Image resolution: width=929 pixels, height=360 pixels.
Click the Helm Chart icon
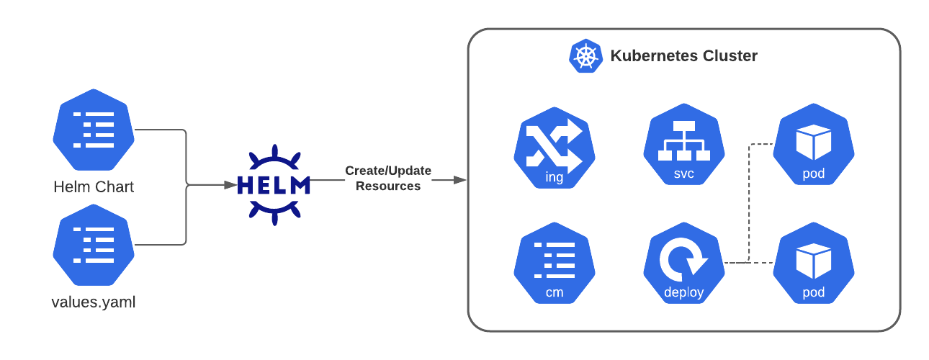coord(94,130)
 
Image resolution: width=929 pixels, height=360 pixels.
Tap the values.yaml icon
coord(94,245)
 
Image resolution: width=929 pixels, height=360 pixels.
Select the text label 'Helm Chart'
coord(94,187)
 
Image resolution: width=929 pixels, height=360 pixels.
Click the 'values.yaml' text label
coord(94,302)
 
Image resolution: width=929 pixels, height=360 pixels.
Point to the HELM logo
coord(274,185)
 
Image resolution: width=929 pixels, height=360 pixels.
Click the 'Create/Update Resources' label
coord(388,179)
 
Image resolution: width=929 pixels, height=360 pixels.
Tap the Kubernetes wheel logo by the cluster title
coord(585,56)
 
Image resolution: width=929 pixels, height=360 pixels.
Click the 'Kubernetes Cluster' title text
coord(684,56)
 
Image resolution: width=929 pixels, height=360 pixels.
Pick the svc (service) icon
coord(684,144)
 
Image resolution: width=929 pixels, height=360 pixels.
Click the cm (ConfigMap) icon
coord(555,264)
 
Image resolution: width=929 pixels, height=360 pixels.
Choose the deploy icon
coord(684,264)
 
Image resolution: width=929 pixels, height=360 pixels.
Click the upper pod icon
coord(814,144)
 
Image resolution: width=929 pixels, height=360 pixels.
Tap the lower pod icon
coord(814,264)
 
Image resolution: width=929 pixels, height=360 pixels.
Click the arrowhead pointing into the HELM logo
coord(230,185)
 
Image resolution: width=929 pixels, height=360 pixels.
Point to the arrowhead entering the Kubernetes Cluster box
coord(460,180)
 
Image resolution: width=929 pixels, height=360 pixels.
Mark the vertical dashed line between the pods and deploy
coord(749,203)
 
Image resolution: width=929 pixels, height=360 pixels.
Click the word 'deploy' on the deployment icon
coord(684,292)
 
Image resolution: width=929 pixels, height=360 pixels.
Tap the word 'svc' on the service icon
coord(684,174)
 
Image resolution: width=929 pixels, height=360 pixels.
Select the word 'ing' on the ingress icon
coord(555,177)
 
